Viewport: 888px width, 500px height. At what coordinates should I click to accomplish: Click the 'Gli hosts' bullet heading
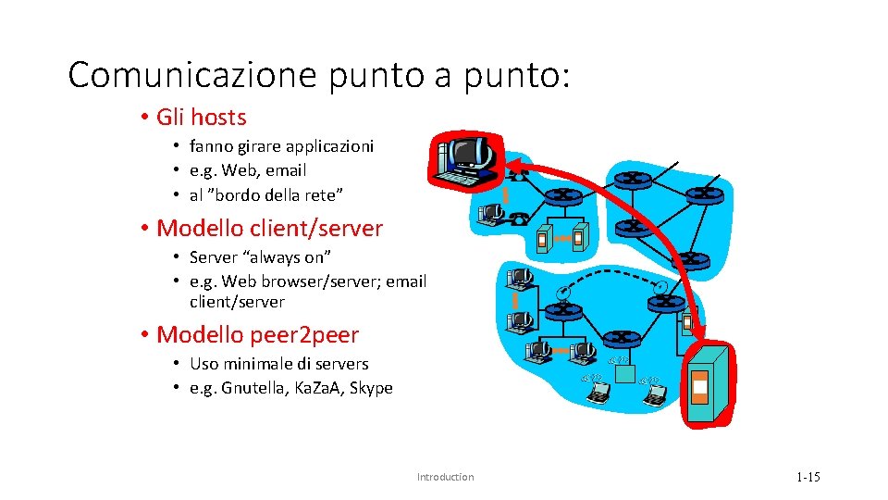[x=202, y=118]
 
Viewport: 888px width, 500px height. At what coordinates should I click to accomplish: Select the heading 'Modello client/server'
[x=269, y=228]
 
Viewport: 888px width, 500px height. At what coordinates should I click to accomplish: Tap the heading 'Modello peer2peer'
[x=257, y=334]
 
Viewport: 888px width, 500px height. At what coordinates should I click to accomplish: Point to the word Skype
[x=371, y=388]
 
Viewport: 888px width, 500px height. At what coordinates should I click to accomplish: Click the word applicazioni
[x=329, y=146]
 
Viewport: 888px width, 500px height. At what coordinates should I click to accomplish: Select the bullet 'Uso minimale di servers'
[x=278, y=364]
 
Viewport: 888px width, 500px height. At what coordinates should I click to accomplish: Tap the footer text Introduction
[x=445, y=477]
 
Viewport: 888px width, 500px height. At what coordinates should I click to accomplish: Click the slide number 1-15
[x=808, y=477]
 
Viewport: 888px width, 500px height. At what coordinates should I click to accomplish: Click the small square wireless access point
[x=625, y=373]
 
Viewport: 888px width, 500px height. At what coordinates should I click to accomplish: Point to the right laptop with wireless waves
[x=655, y=393]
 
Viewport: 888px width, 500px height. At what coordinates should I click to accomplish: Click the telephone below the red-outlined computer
[x=520, y=219]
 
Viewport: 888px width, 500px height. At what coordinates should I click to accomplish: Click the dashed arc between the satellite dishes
[x=610, y=277]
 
